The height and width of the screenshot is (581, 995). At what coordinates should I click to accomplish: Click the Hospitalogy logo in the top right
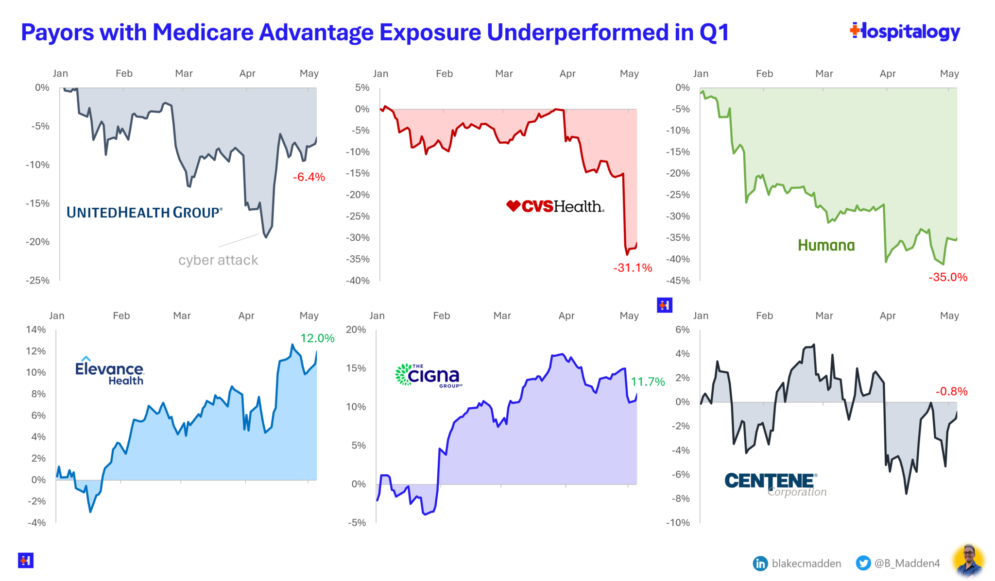905,32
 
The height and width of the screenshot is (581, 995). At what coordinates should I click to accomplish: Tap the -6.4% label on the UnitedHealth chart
309,177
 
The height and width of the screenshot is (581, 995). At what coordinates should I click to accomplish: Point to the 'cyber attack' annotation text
218,260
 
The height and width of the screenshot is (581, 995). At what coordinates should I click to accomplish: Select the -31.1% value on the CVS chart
632,268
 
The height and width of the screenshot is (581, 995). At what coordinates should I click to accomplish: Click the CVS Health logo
555,206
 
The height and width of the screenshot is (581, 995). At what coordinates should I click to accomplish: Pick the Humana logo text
826,245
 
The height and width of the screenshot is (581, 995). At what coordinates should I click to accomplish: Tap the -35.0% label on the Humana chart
947,277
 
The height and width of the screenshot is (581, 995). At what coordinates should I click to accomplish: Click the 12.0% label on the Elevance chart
317,338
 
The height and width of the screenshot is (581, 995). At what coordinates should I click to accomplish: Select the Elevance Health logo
110,371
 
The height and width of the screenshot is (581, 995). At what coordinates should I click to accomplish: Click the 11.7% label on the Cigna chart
648,382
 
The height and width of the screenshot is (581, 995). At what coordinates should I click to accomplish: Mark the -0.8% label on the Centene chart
951,391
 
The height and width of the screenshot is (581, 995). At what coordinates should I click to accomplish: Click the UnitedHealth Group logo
144,213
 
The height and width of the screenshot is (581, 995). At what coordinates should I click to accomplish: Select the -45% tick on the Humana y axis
678,281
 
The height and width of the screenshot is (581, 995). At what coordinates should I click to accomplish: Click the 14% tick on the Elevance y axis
36,330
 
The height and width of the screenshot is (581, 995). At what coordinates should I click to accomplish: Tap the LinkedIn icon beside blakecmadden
760,563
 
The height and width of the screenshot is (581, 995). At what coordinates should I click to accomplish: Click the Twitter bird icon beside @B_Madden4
863,563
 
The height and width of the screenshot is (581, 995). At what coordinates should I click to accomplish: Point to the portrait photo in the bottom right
968,562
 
